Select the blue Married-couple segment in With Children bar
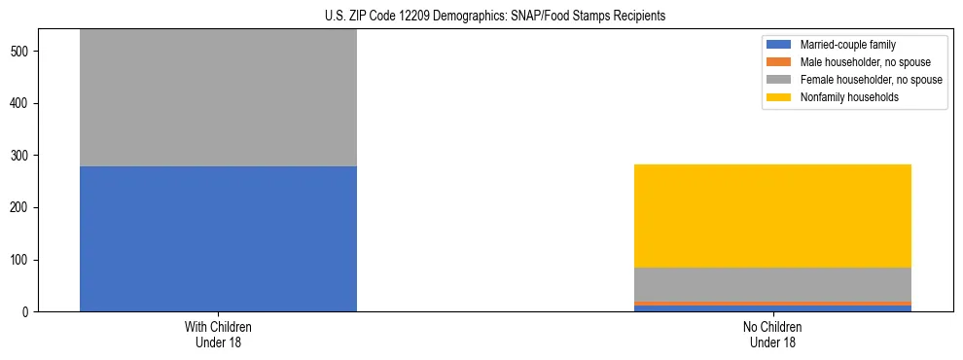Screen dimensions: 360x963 click(218, 238)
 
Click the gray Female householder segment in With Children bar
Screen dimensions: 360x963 click(218, 97)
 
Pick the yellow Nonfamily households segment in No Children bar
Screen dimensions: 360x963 click(772, 215)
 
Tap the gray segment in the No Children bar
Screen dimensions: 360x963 click(772, 284)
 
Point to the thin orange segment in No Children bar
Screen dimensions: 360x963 click(772, 304)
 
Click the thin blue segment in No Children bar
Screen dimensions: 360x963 click(772, 308)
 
